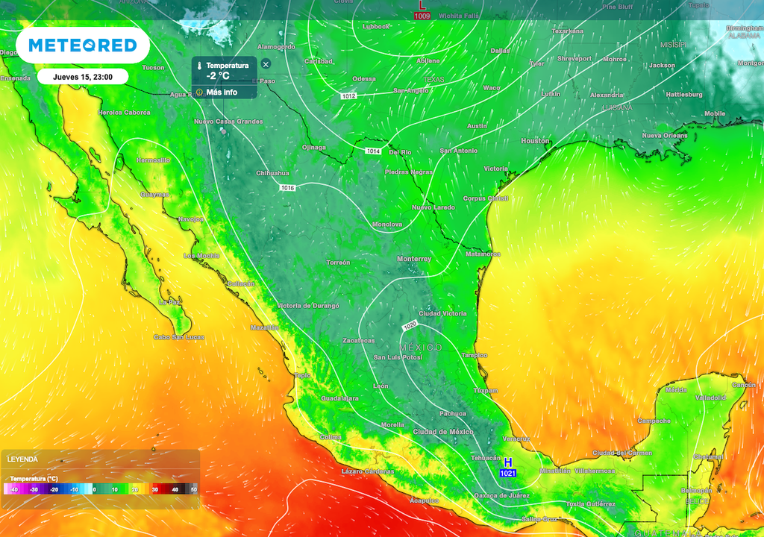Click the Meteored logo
[x=83, y=45]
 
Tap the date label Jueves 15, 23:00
[x=82, y=76]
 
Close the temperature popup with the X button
[x=266, y=65]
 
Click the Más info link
[x=221, y=92]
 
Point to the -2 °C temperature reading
[x=219, y=76]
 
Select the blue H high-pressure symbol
[x=508, y=463]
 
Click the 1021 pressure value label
[x=508, y=474]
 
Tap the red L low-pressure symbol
[x=422, y=5]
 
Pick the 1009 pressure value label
[x=422, y=15]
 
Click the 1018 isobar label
[x=287, y=187]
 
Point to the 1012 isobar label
[x=348, y=96]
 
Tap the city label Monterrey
[x=414, y=259]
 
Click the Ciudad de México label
[x=443, y=432]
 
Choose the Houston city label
[x=535, y=141]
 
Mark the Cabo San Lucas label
[x=179, y=337]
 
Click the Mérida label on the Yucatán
[x=676, y=390]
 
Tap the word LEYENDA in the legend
[x=23, y=459]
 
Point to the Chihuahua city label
[x=272, y=173]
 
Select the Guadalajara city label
[x=339, y=398]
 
